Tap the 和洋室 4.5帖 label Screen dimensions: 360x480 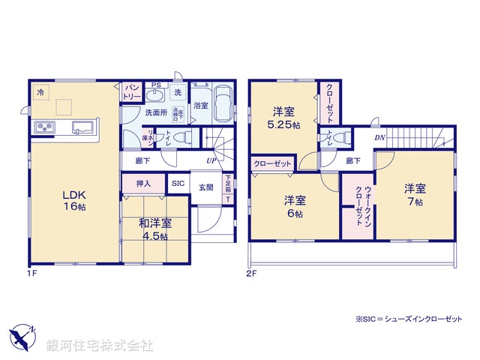[x=156, y=228]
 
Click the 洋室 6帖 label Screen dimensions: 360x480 [x=295, y=206]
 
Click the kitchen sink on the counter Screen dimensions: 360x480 [x=82, y=127]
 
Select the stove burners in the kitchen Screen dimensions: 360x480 [x=45, y=127]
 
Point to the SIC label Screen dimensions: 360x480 [x=178, y=184]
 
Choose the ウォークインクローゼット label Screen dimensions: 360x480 [x=359, y=202]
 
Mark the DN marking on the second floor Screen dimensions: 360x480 [x=379, y=138]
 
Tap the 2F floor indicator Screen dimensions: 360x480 [x=253, y=274]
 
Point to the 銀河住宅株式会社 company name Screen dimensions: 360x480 [x=99, y=345]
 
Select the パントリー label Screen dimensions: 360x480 [x=132, y=92]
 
